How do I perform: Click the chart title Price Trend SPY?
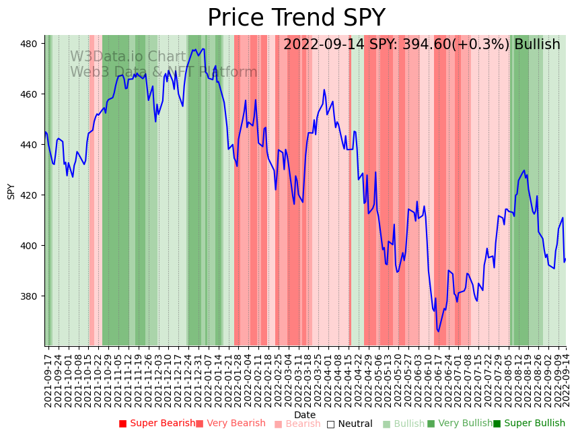pyautogui.click(x=296, y=18)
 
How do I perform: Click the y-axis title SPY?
pyautogui.click(x=11, y=191)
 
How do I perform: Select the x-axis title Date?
pyautogui.click(x=305, y=415)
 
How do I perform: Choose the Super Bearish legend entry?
pyautogui.click(x=157, y=424)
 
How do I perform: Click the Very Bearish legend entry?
pyautogui.click(x=231, y=424)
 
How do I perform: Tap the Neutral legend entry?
pyautogui.click(x=349, y=424)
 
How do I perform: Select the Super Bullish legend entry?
pyautogui.click(x=529, y=424)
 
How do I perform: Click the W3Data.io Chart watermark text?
pyautogui.click(x=128, y=57)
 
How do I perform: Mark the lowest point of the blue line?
pyautogui.click(x=438, y=331)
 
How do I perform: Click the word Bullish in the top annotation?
pyautogui.click(x=537, y=45)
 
